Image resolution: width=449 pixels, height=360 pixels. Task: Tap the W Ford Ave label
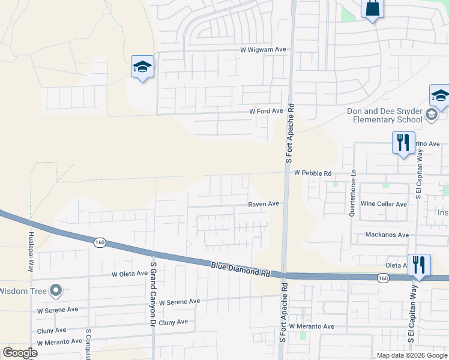point(266,112)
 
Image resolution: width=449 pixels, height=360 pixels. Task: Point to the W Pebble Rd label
point(313,173)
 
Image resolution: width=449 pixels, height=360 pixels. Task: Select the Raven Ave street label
point(264,204)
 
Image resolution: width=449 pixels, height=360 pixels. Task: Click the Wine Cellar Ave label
point(384,204)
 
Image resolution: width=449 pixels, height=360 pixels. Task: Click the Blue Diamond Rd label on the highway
point(241,268)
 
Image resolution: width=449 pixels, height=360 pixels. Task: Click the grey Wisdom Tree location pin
point(56,291)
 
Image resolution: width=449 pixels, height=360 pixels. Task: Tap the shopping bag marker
point(372,8)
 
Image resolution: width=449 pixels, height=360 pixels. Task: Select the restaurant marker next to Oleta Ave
point(419,264)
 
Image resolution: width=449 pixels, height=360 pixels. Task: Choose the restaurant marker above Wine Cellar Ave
point(403,143)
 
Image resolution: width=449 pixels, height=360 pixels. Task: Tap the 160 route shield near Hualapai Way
point(100,242)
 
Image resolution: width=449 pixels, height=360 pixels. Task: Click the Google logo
point(20,353)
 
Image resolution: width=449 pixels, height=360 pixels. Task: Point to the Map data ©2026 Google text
point(411,355)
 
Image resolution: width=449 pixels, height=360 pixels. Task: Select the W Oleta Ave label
point(130,274)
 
